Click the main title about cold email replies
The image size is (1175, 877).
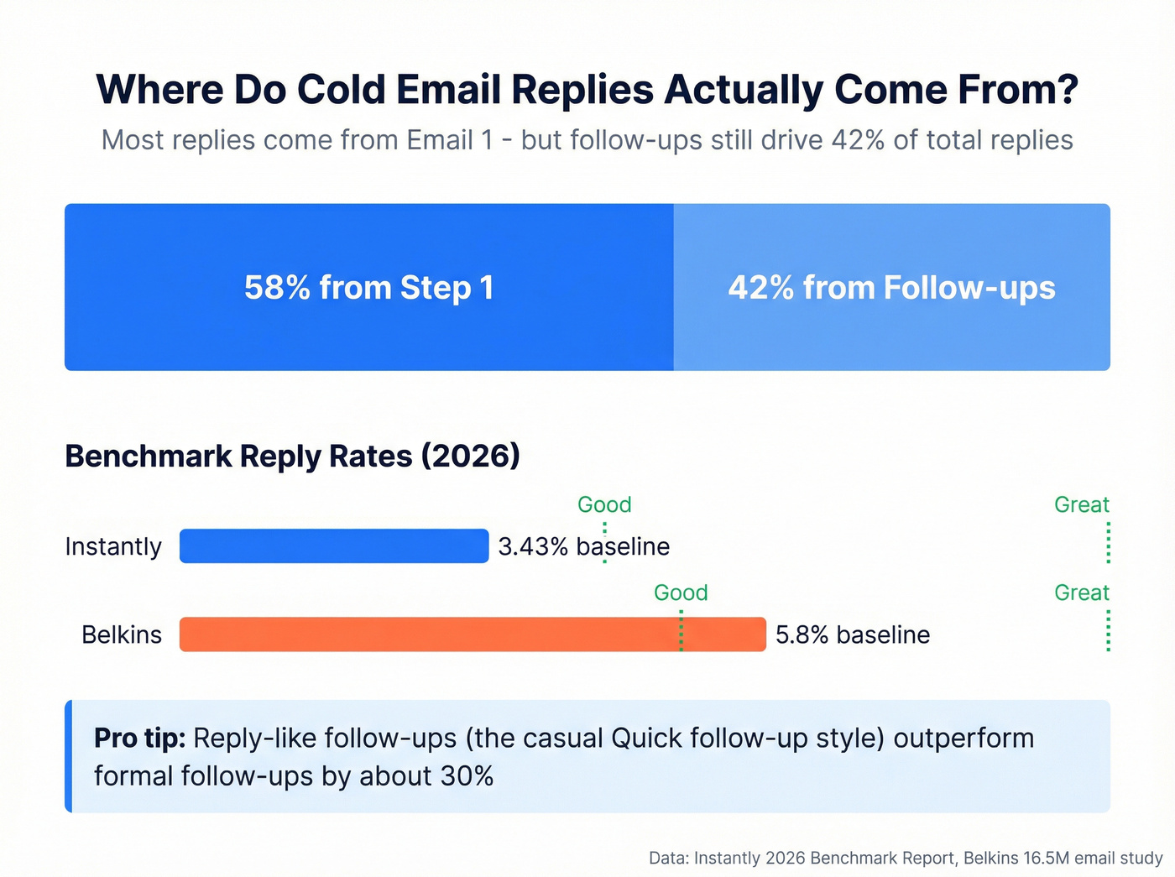click(587, 90)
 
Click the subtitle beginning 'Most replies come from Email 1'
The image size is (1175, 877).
click(587, 139)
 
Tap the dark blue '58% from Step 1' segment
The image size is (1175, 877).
click(369, 287)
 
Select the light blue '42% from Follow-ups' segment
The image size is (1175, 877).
click(891, 287)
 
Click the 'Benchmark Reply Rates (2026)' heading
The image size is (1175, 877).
click(292, 456)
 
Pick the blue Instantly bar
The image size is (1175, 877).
click(334, 546)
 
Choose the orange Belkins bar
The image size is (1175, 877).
click(473, 634)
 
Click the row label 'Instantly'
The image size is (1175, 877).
click(113, 546)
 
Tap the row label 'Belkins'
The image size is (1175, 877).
click(122, 634)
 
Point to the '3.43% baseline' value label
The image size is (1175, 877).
click(583, 546)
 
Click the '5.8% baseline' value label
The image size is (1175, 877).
click(852, 634)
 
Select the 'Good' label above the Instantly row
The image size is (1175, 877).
click(604, 504)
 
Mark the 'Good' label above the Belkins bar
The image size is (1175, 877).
click(681, 592)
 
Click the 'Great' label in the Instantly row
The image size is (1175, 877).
click(1081, 504)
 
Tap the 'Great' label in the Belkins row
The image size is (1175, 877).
click(1081, 592)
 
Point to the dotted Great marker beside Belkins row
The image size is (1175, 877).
click(1109, 631)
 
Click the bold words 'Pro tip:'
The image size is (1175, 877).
click(139, 739)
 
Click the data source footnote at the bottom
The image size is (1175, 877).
click(905, 858)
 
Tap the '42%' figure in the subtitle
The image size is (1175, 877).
click(858, 139)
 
